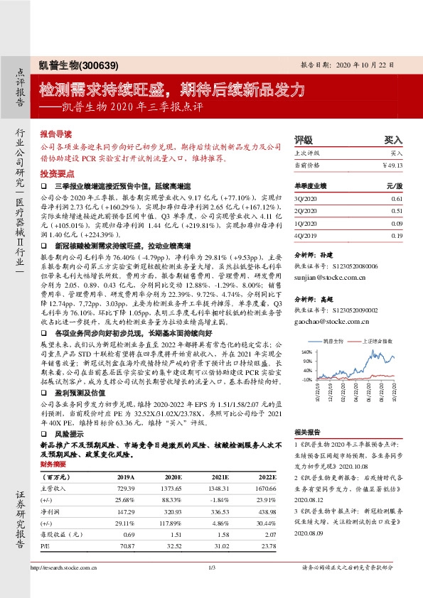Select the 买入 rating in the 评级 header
pyautogui.click(x=393, y=140)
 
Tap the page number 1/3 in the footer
pyautogui.click(x=211, y=587)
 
